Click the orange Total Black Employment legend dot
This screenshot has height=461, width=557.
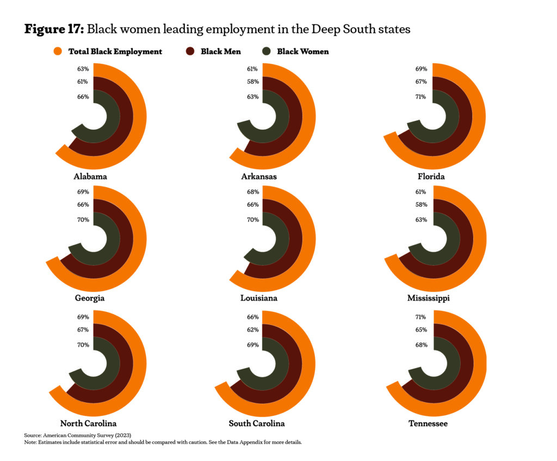coord(58,52)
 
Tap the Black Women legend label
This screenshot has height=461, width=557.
coord(303,52)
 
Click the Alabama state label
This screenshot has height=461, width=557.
coord(90,177)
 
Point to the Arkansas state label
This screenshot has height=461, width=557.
coord(259,177)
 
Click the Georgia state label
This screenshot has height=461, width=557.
coord(90,298)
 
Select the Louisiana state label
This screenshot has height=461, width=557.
coord(259,298)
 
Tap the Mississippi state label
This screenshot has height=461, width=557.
coord(428,298)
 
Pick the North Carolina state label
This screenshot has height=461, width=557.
coord(88,423)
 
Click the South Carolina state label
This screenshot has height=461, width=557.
coord(257,423)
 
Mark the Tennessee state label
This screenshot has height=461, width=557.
coord(428,423)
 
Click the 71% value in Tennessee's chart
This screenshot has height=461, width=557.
coord(421,317)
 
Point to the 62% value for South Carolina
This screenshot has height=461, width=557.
coord(252,330)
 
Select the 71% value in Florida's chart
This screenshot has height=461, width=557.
coord(421,97)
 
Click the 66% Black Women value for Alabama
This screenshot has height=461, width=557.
coord(83,97)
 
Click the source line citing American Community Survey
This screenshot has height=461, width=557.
coord(78,435)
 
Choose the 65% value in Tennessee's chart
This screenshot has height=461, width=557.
coord(421,330)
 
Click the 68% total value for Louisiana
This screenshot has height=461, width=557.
coord(252,192)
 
